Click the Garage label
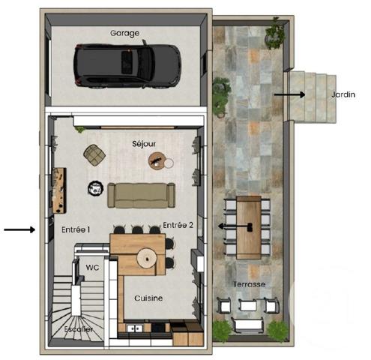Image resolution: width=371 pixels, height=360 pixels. click(x=126, y=33)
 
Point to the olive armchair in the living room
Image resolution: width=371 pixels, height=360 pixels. click(x=94, y=154)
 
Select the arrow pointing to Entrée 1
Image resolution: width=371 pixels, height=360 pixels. click(x=19, y=229)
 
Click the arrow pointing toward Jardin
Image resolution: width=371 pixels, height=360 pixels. click(x=289, y=94)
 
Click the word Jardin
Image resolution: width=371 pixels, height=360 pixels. click(x=343, y=94)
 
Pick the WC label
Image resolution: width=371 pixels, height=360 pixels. click(x=92, y=266)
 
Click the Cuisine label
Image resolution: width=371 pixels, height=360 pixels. click(x=148, y=298)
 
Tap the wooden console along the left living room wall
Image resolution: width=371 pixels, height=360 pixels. click(x=58, y=188)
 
